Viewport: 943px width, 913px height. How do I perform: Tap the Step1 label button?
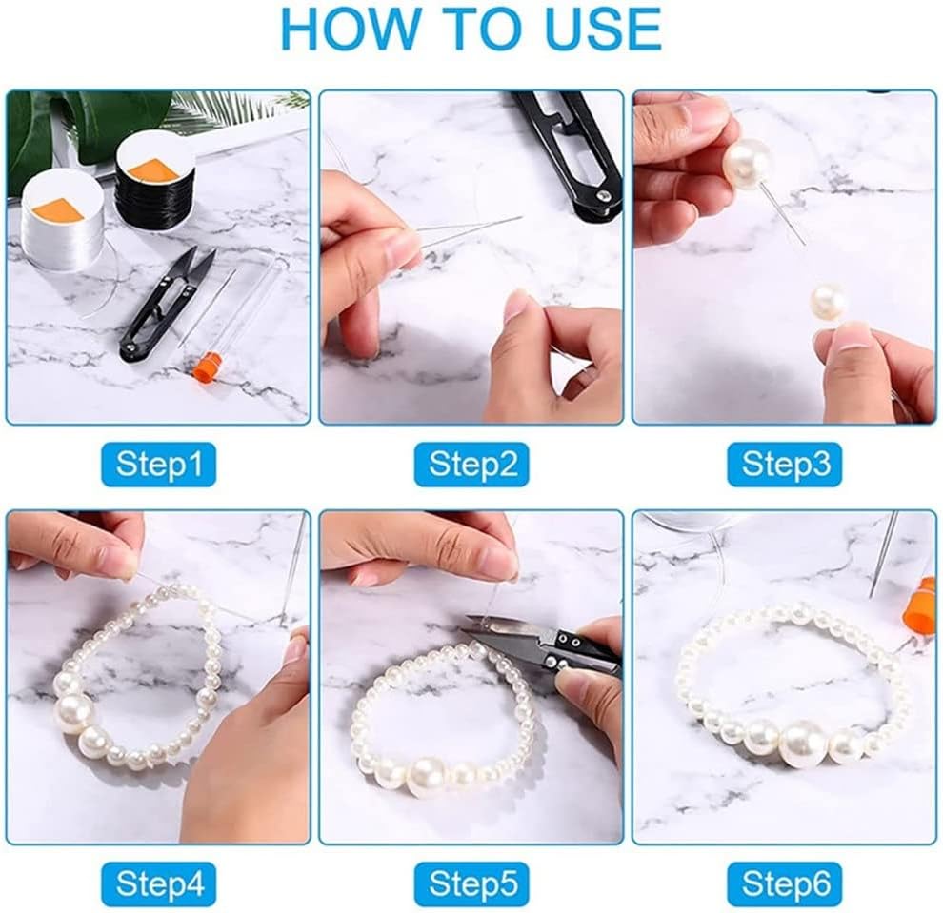[158, 465]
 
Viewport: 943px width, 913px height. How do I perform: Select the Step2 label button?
[471, 465]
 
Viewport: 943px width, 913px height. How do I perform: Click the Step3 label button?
[785, 465]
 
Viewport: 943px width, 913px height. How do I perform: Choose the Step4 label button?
[158, 884]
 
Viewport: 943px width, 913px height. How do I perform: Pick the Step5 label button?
[471, 884]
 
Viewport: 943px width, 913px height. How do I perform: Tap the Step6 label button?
[785, 884]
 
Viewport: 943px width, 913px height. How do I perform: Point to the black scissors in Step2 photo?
[572, 152]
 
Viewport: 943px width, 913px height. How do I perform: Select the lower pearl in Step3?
[827, 302]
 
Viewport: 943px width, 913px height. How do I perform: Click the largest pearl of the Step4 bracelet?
[74, 711]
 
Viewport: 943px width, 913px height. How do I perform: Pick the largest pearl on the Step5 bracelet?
[427, 776]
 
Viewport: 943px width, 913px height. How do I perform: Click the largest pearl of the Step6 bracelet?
[804, 744]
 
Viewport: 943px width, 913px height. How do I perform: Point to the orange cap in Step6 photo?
[919, 609]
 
